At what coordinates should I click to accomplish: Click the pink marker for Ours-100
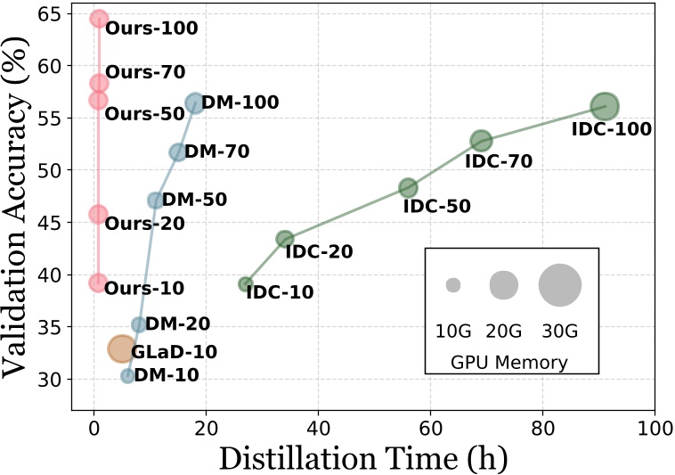(99, 19)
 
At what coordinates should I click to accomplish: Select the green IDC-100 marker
(605, 106)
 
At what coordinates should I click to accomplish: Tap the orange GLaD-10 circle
(121, 348)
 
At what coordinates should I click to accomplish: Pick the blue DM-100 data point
(194, 102)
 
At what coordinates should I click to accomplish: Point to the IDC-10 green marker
(246, 284)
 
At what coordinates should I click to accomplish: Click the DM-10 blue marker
(127, 376)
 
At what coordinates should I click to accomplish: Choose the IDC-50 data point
(408, 187)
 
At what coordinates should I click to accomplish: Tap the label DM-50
(194, 200)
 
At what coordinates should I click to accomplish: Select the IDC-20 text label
(319, 251)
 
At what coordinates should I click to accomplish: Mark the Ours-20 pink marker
(98, 214)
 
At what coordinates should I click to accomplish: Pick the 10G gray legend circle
(453, 285)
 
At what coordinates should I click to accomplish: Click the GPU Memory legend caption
(511, 362)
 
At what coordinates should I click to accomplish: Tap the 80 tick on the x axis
(543, 427)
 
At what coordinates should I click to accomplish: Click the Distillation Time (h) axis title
(362, 457)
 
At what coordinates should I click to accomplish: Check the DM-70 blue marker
(178, 152)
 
